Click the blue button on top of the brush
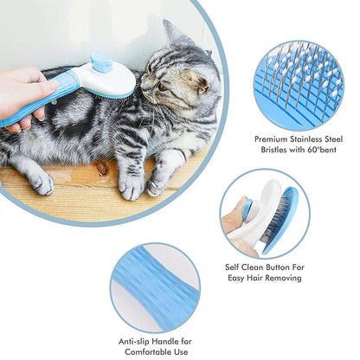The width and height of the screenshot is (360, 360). (101, 62)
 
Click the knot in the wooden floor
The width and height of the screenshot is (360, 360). (101, 168)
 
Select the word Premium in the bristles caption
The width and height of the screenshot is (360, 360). (271, 139)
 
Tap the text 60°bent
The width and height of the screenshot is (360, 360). (322, 150)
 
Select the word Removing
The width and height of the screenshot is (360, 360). (283, 278)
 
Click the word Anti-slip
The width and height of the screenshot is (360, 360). (134, 342)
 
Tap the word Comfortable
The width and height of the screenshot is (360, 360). (149, 352)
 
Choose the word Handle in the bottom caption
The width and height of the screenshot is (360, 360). (165, 342)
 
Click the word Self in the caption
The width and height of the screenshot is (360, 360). (232, 267)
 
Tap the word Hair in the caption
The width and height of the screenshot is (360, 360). (254, 278)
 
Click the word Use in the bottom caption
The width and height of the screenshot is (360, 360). (182, 352)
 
